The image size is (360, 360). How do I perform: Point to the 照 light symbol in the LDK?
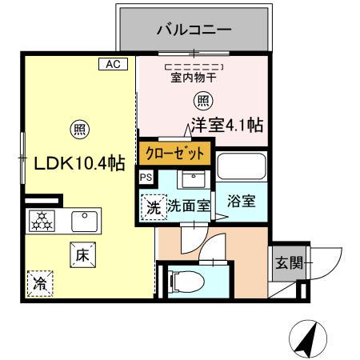tap(79, 128)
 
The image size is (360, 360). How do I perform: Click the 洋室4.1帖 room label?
tap(227, 125)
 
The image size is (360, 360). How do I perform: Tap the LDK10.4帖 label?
tap(78, 163)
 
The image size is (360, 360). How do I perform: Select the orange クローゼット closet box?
tap(175, 151)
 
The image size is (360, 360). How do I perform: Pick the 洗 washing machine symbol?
tap(153, 206)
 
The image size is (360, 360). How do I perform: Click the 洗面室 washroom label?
tap(189, 206)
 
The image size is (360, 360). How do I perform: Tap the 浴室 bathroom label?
tap(241, 201)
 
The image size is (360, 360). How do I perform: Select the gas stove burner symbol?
tap(40, 220)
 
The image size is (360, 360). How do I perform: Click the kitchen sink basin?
tap(83, 219)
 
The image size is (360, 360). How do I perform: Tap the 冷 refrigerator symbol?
tap(38, 282)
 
